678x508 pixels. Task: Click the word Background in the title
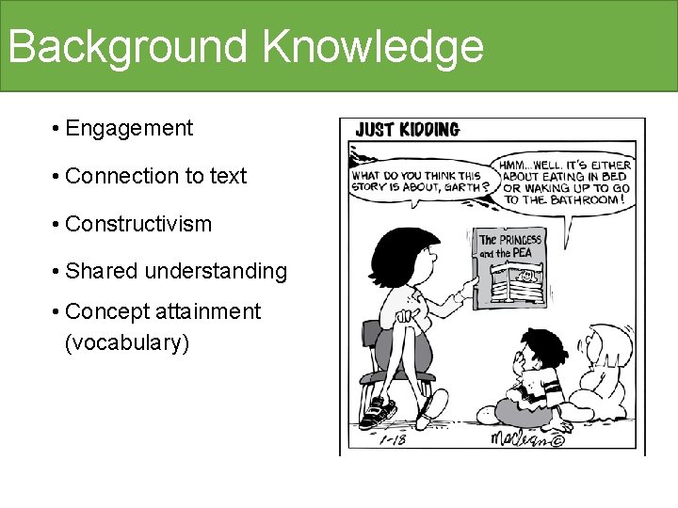pos(126,46)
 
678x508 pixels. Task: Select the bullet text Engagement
pos(130,128)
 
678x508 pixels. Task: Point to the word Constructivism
pos(139,225)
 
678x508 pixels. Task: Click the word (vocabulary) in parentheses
pos(127,342)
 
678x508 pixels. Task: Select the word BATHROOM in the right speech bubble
pos(584,199)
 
